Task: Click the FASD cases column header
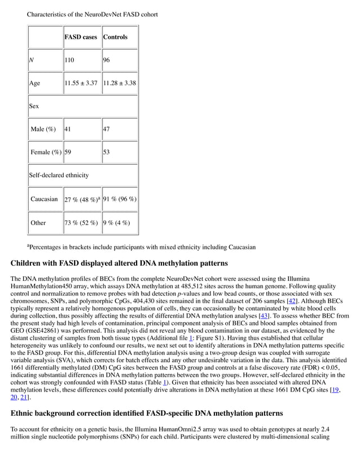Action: (x=81, y=37)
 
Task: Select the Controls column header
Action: (x=115, y=37)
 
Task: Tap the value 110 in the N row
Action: (x=69, y=60)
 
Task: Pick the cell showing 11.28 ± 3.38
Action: (x=119, y=83)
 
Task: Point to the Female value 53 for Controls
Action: (x=107, y=152)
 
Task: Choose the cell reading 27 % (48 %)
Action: (x=82, y=200)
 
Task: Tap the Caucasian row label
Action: (x=45, y=199)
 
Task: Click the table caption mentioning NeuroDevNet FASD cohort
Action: (x=93, y=14)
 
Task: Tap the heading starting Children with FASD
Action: (x=119, y=263)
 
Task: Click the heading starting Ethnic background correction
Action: (x=147, y=413)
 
